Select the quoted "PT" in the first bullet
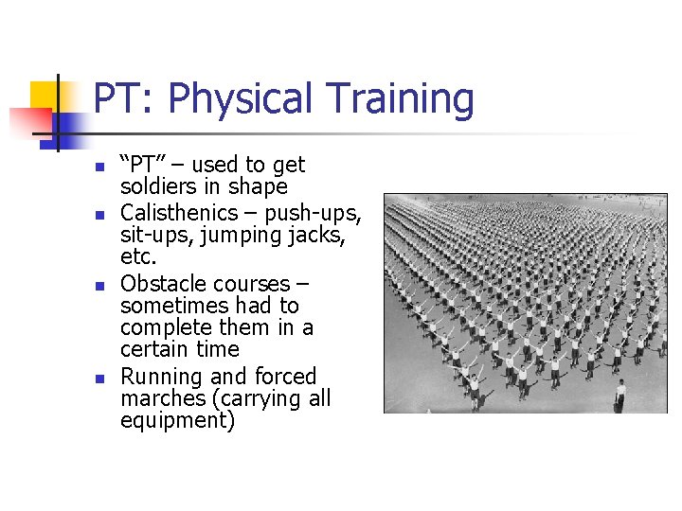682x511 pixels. click(143, 165)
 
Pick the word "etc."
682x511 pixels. click(139, 255)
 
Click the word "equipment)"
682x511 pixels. click(177, 420)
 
